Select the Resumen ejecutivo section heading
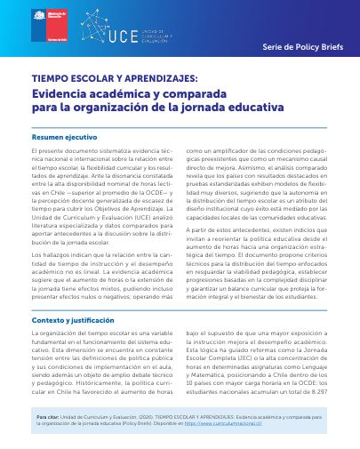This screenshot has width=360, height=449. point(64,138)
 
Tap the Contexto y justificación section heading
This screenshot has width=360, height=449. point(73,295)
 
